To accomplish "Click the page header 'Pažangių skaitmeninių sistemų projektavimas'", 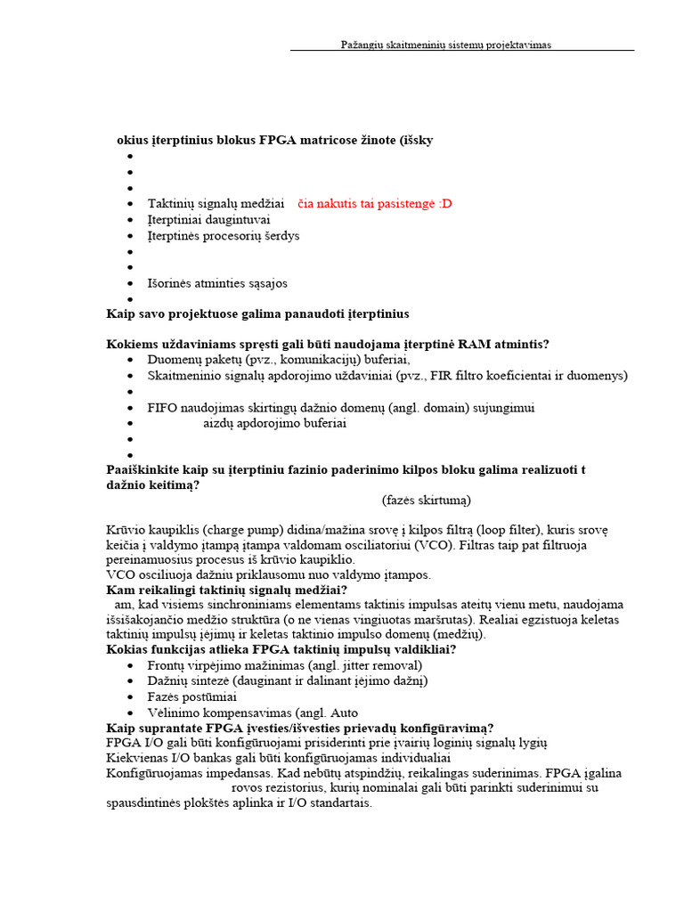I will click(x=446, y=45).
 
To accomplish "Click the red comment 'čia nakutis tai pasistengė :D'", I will click(x=374, y=204).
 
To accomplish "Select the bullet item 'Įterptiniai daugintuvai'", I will click(x=209, y=220).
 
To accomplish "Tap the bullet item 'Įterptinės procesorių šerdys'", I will click(x=224, y=236).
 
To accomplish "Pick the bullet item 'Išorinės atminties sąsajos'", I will click(x=217, y=283).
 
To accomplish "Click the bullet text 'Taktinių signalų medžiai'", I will click(x=216, y=204).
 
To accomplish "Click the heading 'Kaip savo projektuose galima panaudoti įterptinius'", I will click(x=257, y=313).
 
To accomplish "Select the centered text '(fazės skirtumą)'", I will click(x=427, y=500).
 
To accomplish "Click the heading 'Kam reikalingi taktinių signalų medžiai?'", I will click(x=226, y=590).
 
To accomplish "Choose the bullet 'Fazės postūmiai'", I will click(x=192, y=696).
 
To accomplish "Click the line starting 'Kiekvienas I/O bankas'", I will click(x=279, y=757).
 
